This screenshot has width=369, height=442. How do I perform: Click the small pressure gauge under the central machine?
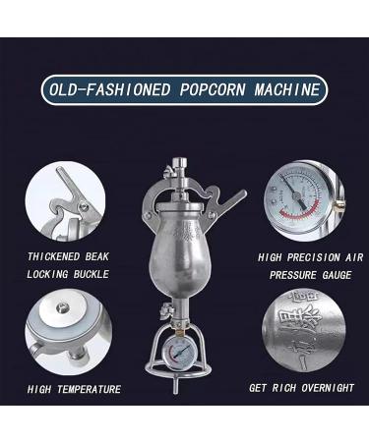pyautogui.click(x=182, y=355)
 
